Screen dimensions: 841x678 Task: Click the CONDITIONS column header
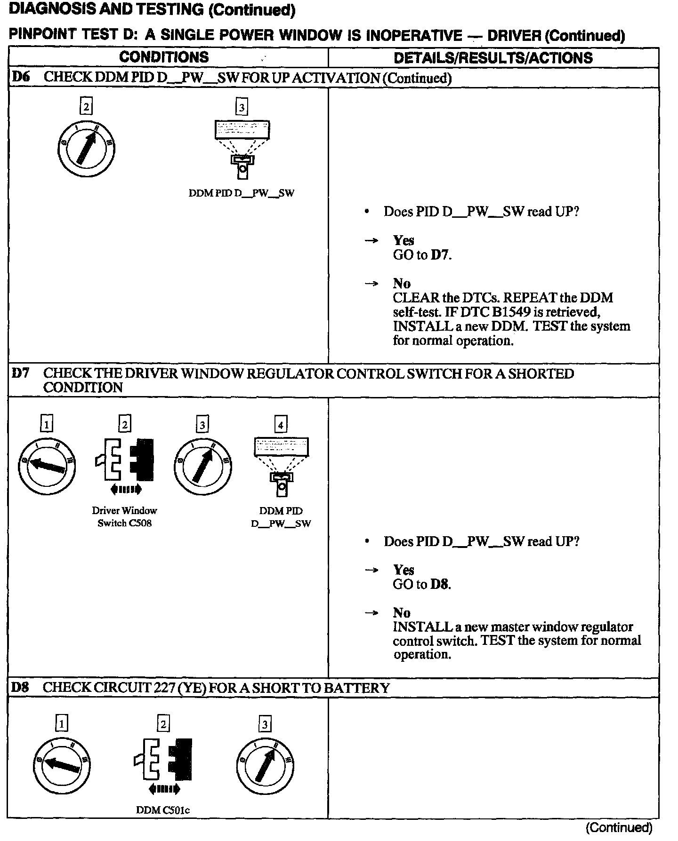(x=163, y=57)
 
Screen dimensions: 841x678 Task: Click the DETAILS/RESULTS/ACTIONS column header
(x=493, y=58)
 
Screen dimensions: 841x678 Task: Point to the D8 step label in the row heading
(x=20, y=688)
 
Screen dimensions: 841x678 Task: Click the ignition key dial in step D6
(x=86, y=148)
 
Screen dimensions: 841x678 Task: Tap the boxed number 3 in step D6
(x=242, y=108)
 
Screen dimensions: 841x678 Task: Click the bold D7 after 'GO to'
(x=440, y=255)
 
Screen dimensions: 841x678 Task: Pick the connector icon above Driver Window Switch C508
(x=125, y=461)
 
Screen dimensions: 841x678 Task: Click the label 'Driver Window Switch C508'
(x=124, y=516)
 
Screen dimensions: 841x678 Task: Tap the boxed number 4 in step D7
(x=281, y=425)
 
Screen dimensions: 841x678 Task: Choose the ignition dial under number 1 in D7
(x=47, y=465)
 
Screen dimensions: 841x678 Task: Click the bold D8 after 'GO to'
(x=440, y=585)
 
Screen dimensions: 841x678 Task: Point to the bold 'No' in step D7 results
(x=402, y=612)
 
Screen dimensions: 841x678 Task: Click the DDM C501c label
(x=163, y=809)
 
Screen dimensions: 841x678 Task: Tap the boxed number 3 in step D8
(x=265, y=724)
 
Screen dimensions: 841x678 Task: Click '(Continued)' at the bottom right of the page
(x=619, y=827)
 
